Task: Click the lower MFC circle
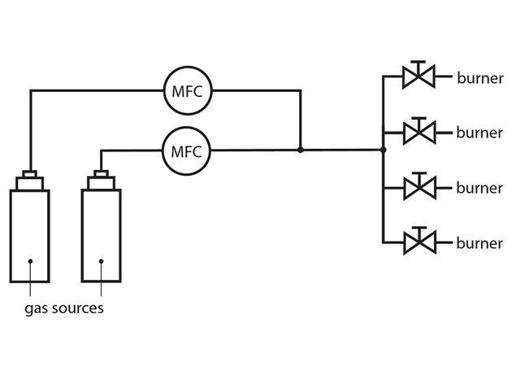tap(188, 150)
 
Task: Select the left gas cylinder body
tap(29, 236)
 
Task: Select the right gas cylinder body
tap(102, 236)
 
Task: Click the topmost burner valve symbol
tap(419, 78)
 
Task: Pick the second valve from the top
tap(419, 131)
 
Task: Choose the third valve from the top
tap(419, 188)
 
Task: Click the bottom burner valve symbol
tap(419, 242)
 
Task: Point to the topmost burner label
tap(479, 79)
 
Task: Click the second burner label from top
tap(479, 132)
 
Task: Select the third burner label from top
tap(479, 188)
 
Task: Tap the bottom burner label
tap(479, 242)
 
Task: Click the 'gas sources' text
tap(63, 309)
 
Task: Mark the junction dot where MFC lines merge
tap(301, 150)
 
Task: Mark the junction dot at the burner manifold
tap(383, 150)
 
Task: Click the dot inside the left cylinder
tap(29, 261)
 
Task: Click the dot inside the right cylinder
tap(102, 261)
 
